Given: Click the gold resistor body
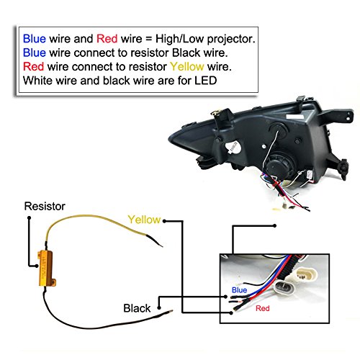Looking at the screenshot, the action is pyautogui.click(x=47, y=269).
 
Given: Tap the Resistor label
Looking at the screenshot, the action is pyautogui.click(x=45, y=207).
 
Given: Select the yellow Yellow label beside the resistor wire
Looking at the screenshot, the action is pyautogui.click(x=144, y=220).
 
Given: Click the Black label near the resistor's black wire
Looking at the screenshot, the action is pyautogui.click(x=137, y=308).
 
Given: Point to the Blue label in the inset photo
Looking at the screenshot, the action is pyautogui.click(x=239, y=290).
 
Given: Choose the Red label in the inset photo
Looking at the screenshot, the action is pyautogui.click(x=263, y=308).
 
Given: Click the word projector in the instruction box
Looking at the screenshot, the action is pyautogui.click(x=231, y=39).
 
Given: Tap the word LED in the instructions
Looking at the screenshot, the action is pyautogui.click(x=206, y=81).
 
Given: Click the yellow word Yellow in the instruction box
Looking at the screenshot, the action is pyautogui.click(x=187, y=67).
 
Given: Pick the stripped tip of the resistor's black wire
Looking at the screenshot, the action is pyautogui.click(x=170, y=312).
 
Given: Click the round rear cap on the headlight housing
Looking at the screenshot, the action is pyautogui.click(x=280, y=167).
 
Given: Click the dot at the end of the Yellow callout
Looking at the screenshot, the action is pyautogui.click(x=164, y=221).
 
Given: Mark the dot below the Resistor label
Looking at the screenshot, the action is pyautogui.click(x=29, y=218).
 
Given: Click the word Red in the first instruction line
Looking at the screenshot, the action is pyautogui.click(x=107, y=39).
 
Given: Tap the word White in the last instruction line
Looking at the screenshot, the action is pyautogui.click(x=38, y=81).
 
